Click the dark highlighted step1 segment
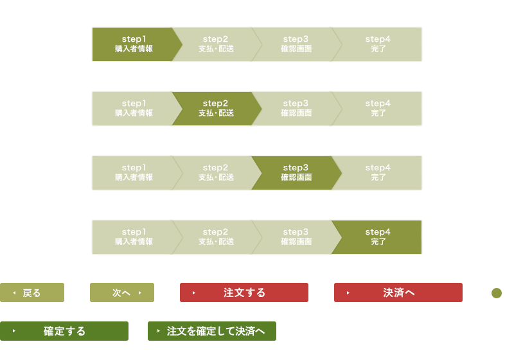tap(134, 44)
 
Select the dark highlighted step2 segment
tap(215, 109)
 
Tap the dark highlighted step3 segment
tap(296, 173)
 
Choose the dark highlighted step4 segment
tap(378, 237)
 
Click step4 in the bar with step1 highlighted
tap(378, 44)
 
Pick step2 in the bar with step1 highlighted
tap(215, 44)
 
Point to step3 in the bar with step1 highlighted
tap(296, 44)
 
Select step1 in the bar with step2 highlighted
tap(134, 109)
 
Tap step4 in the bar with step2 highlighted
tap(378, 109)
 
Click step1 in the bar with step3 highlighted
tap(134, 173)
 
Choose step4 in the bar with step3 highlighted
tap(378, 173)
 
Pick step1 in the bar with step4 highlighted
tap(134, 237)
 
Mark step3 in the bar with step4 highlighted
tap(296, 237)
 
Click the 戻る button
tap(32, 292)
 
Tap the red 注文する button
tap(244, 292)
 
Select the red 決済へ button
tap(398, 292)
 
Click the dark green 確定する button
tap(64, 331)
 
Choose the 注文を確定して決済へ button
tap(212, 331)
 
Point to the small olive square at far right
tap(497, 293)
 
